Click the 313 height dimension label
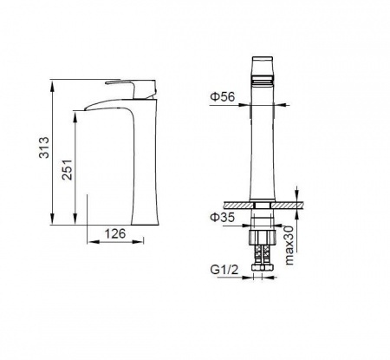tap(44, 147)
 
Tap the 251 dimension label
tap(67, 170)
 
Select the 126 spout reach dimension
tap(115, 233)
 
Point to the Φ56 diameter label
tap(223, 96)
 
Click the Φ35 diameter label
tap(222, 217)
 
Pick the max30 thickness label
tap(289, 245)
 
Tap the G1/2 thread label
tap(224, 270)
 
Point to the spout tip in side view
tap(86, 108)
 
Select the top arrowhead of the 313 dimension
tap(52, 84)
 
